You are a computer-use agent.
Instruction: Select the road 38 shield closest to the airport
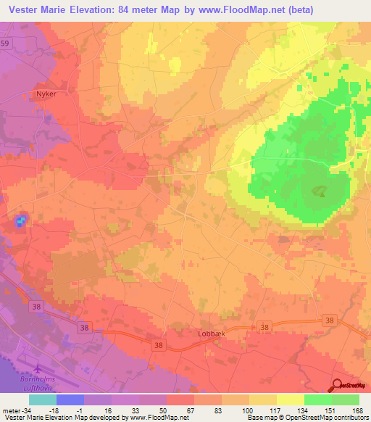pyautogui.click(x=36, y=307)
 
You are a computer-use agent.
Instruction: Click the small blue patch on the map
pyautogui.click(x=21, y=219)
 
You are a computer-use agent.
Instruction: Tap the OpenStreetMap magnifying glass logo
pyautogui.click(x=337, y=385)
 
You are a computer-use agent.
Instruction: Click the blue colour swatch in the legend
pyautogui.click(x=70, y=400)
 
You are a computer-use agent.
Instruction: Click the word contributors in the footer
pyautogui.click(x=350, y=418)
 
